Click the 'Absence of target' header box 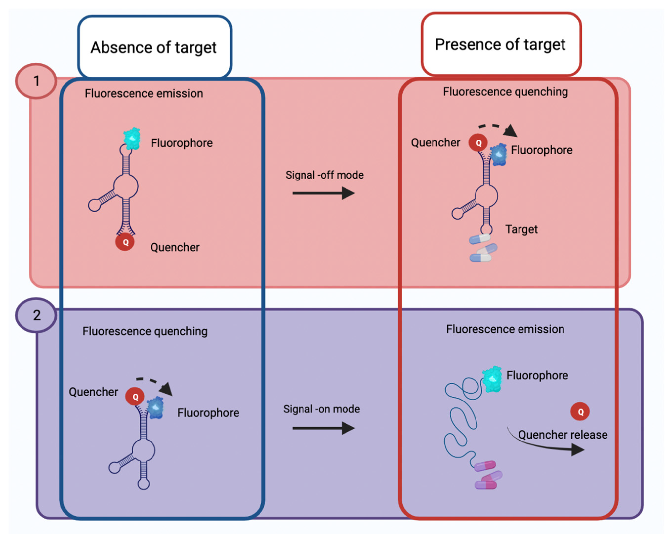pos(154,47)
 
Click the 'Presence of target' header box pos(501,44)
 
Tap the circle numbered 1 pos(36,81)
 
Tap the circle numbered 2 pos(36,315)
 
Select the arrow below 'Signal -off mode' pos(324,193)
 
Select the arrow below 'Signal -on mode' pos(324,428)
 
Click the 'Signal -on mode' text pos(321,409)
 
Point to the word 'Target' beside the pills pos(521,229)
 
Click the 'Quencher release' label pos(563,434)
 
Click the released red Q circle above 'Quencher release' pos(580,412)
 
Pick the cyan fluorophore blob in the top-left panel pos(132,138)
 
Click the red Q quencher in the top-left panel pos(125,242)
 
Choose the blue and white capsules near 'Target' pos(482,248)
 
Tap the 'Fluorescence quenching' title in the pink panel pos(505,92)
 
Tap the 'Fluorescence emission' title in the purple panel pos(505,329)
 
